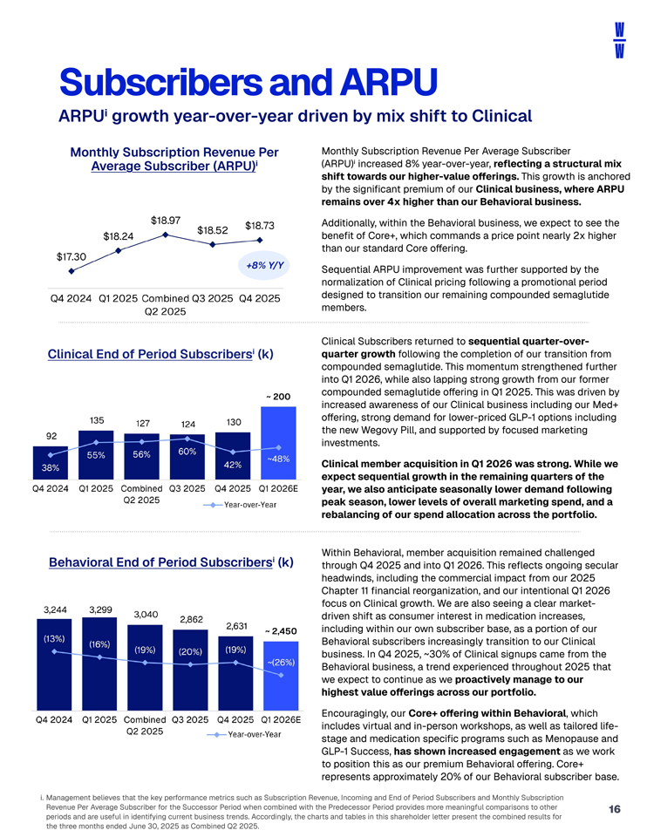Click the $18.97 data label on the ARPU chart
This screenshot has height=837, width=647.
tap(166, 220)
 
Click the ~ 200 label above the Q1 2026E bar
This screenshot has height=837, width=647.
tap(276, 397)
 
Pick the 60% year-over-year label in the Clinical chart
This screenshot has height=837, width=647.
tap(187, 451)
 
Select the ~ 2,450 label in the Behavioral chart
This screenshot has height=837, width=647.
tap(281, 629)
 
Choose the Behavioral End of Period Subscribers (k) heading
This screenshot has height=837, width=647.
tap(168, 562)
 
